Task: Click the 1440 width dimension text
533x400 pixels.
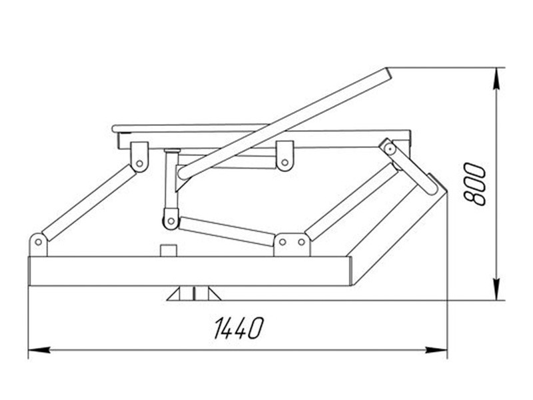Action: tap(239, 327)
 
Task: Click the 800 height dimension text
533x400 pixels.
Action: tap(476, 184)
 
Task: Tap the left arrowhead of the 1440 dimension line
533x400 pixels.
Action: tap(35, 349)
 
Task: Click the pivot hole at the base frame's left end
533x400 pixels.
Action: tap(39, 240)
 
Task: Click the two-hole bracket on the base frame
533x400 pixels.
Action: tap(292, 243)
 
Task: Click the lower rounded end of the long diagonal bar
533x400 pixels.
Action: tap(184, 173)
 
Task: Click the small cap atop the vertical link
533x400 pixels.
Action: tap(172, 151)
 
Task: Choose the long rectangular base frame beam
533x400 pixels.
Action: tap(190, 271)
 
